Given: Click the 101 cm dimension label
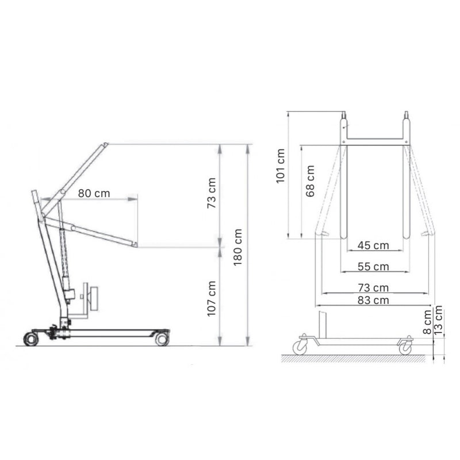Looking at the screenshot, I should coord(281,166).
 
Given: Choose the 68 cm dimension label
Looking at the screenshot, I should coord(310,182).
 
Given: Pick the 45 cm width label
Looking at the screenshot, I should coord(373,246).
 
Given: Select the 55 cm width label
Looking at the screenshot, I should coord(373,267).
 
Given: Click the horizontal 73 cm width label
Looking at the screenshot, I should coord(373,287).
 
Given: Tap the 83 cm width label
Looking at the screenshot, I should coord(373,300).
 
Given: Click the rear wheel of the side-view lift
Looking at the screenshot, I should coord(31,339).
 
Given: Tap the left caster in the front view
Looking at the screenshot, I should coord(301,346).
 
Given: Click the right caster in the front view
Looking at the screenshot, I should coord(406,347).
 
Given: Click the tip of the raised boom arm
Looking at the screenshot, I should coord(105,144).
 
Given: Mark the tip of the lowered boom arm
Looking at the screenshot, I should coord(135,245).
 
